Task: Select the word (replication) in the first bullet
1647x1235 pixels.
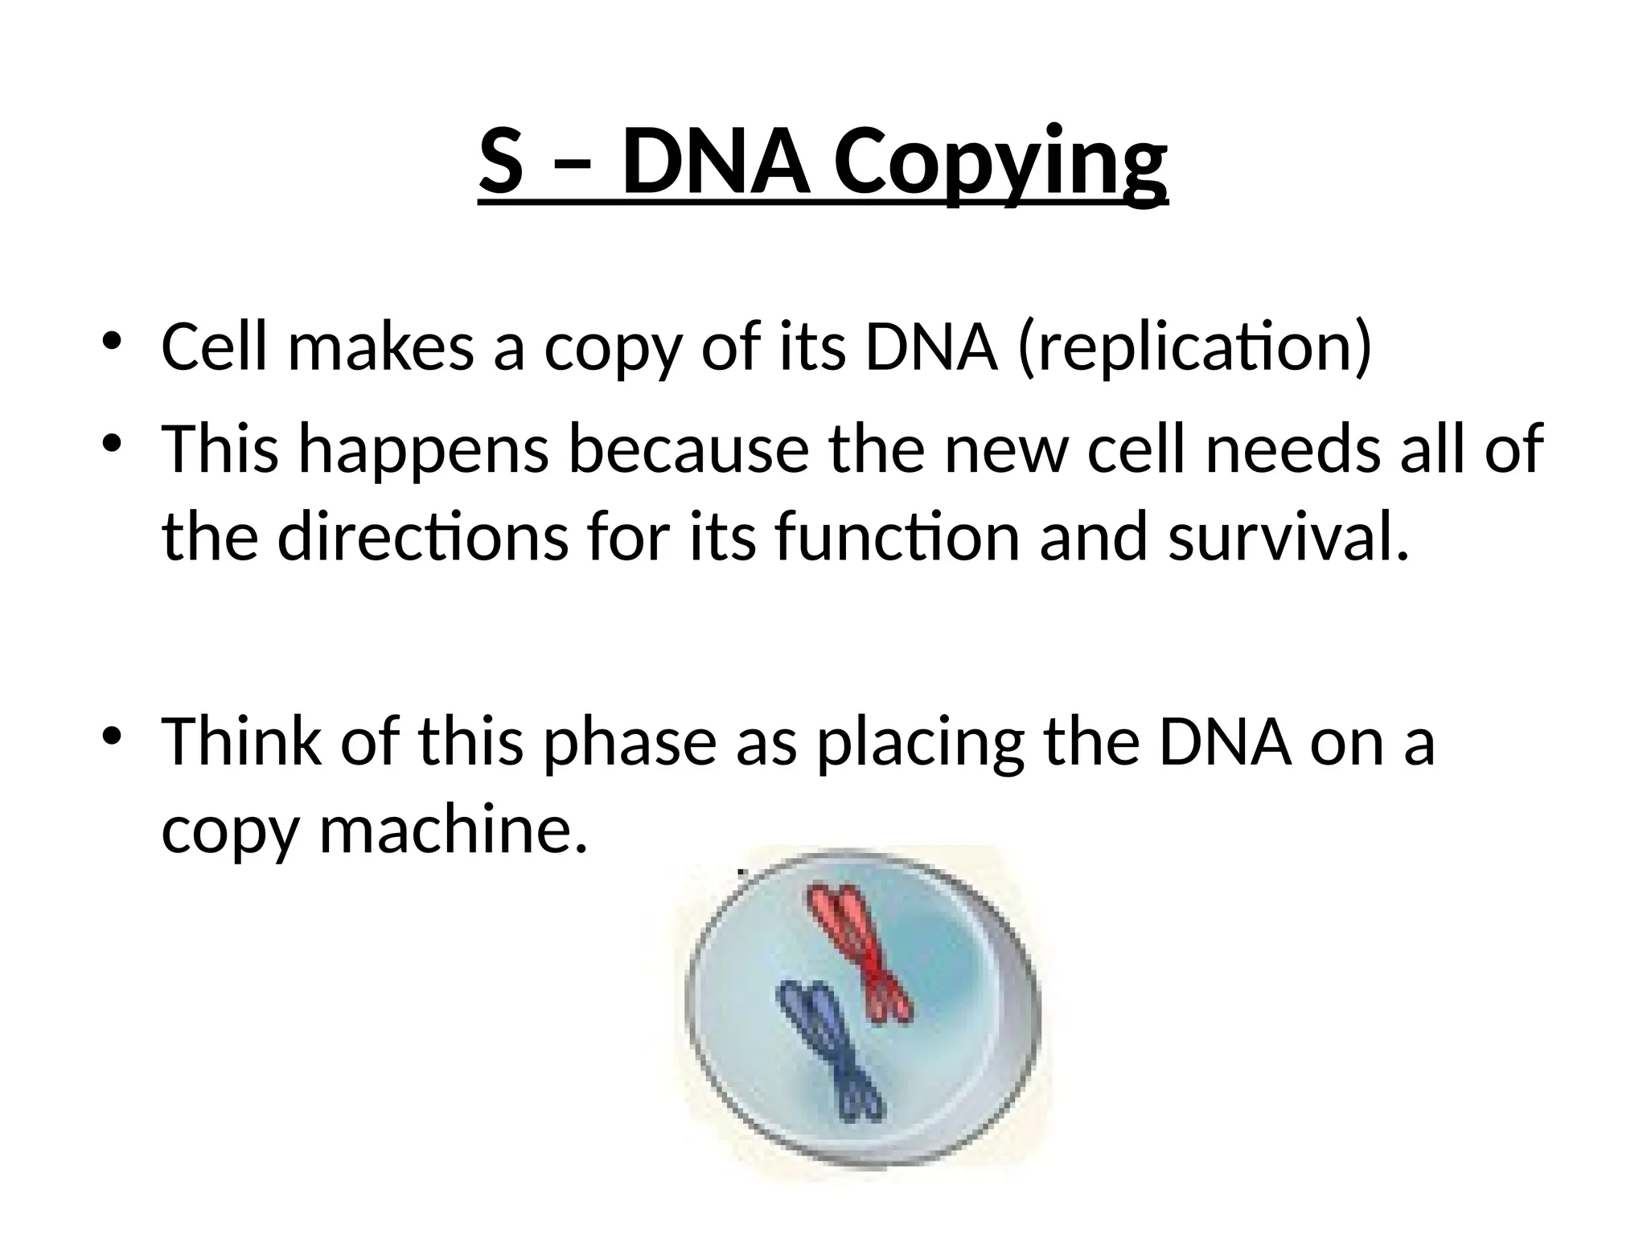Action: coord(1194,348)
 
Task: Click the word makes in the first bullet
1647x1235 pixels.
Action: coord(380,348)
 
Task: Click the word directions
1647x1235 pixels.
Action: coord(423,537)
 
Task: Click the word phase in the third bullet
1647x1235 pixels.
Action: coord(630,743)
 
